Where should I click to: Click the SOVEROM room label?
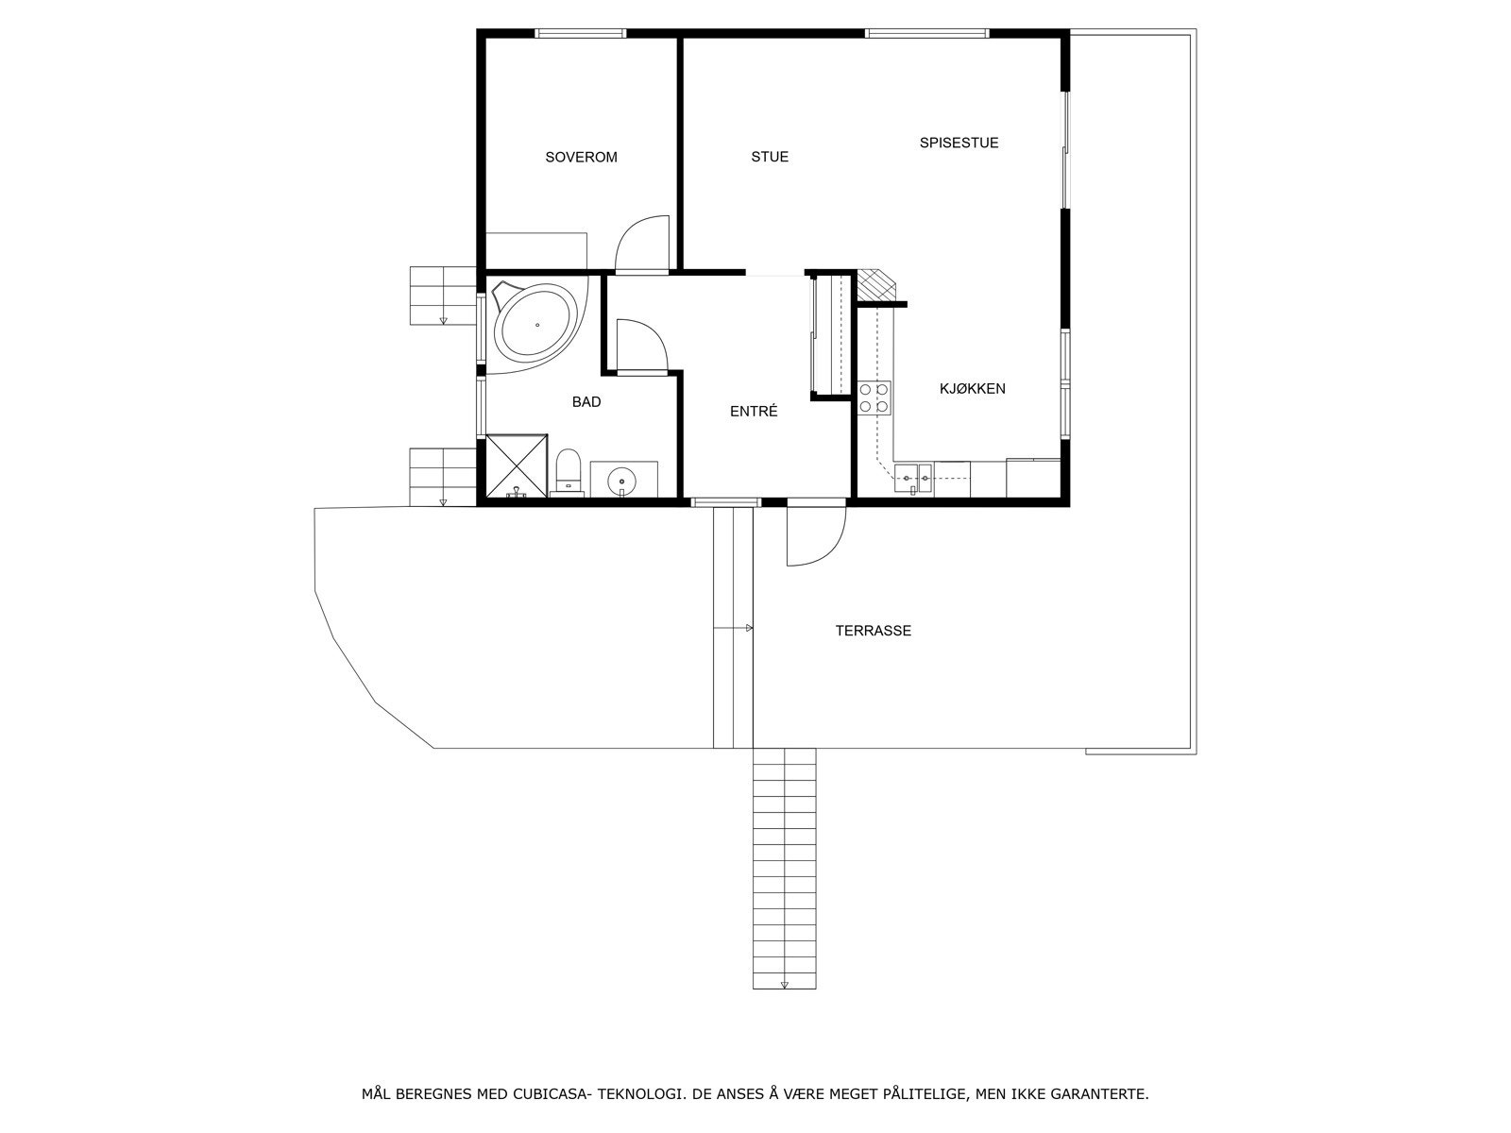[581, 158]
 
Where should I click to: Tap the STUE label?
[770, 158]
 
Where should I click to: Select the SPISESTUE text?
[959, 144]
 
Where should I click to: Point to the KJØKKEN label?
[972, 389]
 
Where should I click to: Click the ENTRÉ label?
[754, 412]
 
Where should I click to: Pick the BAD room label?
[586, 402]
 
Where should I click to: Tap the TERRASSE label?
[873, 631]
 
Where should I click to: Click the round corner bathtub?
[536, 325]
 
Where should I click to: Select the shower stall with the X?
[516, 465]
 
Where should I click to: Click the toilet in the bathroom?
[568, 471]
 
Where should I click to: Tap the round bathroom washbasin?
[623, 480]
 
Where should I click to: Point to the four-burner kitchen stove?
[874, 397]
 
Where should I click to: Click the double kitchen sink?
[914, 479]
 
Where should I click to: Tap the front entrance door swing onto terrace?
[815, 538]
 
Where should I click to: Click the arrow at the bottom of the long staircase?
[784, 985]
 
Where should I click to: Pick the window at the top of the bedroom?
[580, 34]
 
